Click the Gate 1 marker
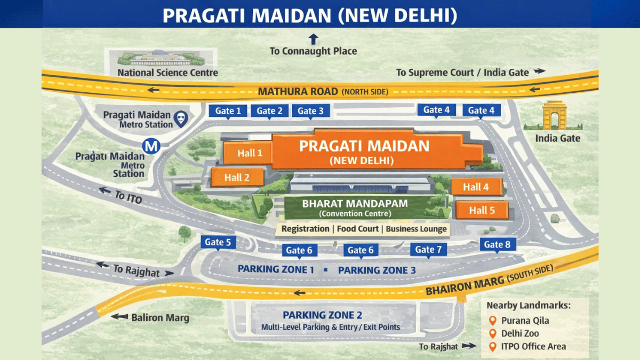[x=228, y=111]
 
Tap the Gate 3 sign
[x=310, y=111]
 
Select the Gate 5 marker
[x=218, y=242]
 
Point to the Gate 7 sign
[x=428, y=249]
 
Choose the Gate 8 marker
[x=497, y=245]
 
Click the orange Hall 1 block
[x=249, y=153]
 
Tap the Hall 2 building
[x=238, y=178]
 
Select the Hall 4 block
[x=476, y=187]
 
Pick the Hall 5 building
[x=482, y=210]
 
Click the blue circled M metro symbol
[x=153, y=146]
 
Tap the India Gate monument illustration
[x=554, y=116]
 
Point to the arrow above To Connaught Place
[x=313, y=39]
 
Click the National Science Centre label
[x=167, y=73]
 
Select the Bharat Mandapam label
[x=355, y=203]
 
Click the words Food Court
[x=357, y=229]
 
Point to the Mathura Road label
[x=298, y=91]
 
